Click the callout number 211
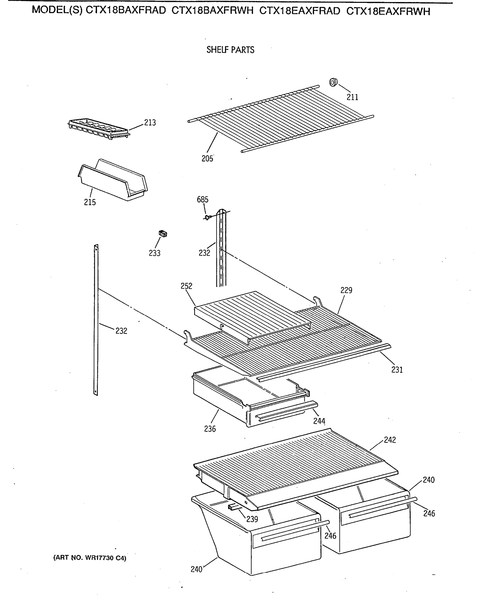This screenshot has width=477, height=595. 352,97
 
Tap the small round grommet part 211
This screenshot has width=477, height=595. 334,82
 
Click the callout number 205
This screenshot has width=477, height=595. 207,159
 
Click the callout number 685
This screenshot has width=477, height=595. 202,200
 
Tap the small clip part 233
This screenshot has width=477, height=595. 163,234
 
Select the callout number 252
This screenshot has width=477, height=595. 187,286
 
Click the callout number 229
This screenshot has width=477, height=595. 346,290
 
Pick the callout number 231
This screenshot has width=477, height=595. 397,370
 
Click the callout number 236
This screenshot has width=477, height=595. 210,429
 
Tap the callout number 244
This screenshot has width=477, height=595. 319,421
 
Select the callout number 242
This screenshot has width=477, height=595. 390,440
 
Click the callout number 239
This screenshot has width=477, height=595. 252,519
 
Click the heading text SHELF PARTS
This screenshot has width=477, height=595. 230,50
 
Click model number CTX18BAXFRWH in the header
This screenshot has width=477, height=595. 212,11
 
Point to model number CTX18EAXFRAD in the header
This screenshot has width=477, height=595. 300,11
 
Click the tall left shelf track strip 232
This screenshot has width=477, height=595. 96,320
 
